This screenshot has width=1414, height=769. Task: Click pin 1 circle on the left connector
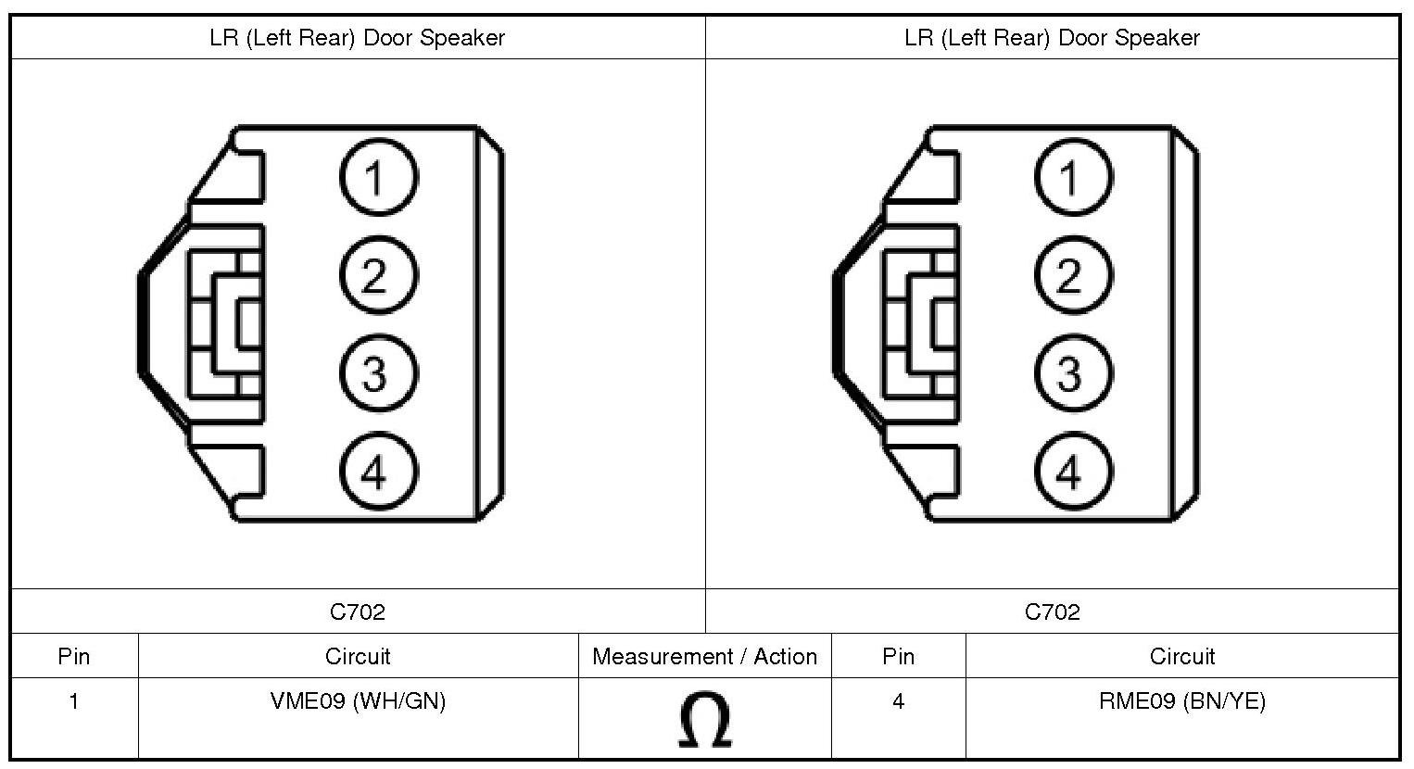pos(377,177)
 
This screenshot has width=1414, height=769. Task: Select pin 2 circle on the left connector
pos(377,275)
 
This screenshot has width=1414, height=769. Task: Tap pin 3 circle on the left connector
pos(377,374)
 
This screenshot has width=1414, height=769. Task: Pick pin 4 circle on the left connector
pos(377,473)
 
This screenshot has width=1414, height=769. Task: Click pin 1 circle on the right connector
pos(1072,177)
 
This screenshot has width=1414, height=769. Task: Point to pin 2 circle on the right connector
pos(1072,275)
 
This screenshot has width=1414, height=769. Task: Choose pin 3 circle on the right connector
pos(1072,374)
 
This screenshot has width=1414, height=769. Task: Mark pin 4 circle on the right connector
pos(1072,473)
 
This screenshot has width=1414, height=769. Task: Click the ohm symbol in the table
pos(704,721)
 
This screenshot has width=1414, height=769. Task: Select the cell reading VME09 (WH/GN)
pos(358,701)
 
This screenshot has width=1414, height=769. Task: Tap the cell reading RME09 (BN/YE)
pos(1181,701)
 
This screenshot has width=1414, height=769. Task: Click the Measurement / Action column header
pos(704,657)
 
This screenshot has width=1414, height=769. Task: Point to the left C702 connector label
pos(358,611)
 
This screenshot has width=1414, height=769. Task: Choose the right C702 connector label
pos(1052,611)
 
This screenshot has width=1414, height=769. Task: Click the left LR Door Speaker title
pos(358,38)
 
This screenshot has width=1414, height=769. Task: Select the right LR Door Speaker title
pos(1052,38)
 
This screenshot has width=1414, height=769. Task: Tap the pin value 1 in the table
pos(74,701)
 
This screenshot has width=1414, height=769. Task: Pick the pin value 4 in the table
pos(898,701)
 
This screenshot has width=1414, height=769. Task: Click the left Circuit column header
pos(358,657)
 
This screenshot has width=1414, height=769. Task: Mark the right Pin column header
pos(898,657)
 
